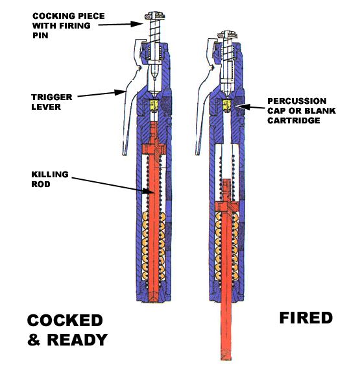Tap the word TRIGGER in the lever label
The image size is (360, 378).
click(52, 97)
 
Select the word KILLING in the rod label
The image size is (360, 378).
click(50, 174)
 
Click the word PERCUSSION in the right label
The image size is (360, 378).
click(297, 101)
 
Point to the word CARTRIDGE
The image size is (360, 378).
click(294, 120)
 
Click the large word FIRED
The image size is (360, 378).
click(306, 318)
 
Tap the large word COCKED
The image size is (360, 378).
click(65, 320)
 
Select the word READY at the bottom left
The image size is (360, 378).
click(77, 340)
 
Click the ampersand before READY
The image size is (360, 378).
click(34, 340)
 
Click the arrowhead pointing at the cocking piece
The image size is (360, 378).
click(137, 23)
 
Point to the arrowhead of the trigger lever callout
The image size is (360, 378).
click(120, 92)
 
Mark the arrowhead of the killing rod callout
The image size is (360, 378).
click(148, 191)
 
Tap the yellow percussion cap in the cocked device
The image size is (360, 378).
click(154, 105)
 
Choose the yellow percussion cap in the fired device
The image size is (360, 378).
click(227, 105)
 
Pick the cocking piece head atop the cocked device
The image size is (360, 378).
click(155, 16)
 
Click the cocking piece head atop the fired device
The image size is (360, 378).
click(228, 35)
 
